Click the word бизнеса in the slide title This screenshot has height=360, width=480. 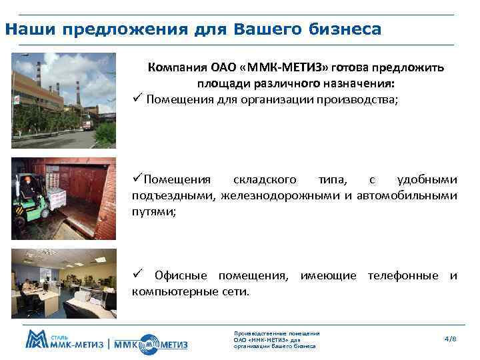coord(346,30)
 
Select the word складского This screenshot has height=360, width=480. coord(263,180)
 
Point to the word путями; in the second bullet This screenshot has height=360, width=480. coord(155,211)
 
